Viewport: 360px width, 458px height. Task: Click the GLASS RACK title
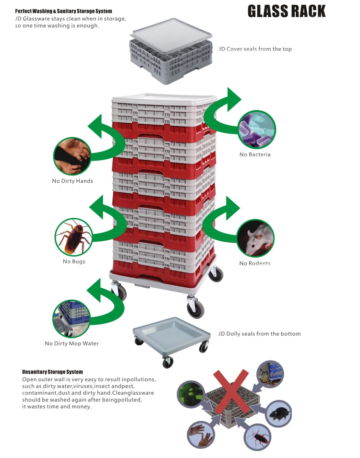coord(286,12)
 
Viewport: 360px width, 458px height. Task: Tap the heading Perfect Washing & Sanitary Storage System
coord(63,11)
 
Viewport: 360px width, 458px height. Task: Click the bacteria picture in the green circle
coord(257,129)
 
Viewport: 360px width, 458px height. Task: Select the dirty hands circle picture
coord(72,156)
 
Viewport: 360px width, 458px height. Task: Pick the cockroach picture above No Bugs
coord(74,237)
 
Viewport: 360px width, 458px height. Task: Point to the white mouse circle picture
coord(255,238)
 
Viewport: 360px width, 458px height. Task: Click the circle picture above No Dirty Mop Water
coord(72,318)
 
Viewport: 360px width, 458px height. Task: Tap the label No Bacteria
coord(255,154)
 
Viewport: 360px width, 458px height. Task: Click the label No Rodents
coord(255,263)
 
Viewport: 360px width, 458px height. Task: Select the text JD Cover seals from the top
coord(255,49)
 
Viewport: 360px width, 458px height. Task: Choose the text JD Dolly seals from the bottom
coord(260,334)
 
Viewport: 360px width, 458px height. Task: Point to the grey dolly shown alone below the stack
coord(172,341)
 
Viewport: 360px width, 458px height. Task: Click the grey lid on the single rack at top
coord(171,35)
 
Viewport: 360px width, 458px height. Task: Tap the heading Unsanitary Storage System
coord(53,372)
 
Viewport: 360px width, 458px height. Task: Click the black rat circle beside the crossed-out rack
coord(279,413)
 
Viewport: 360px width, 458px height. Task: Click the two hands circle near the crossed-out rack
coord(201,435)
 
